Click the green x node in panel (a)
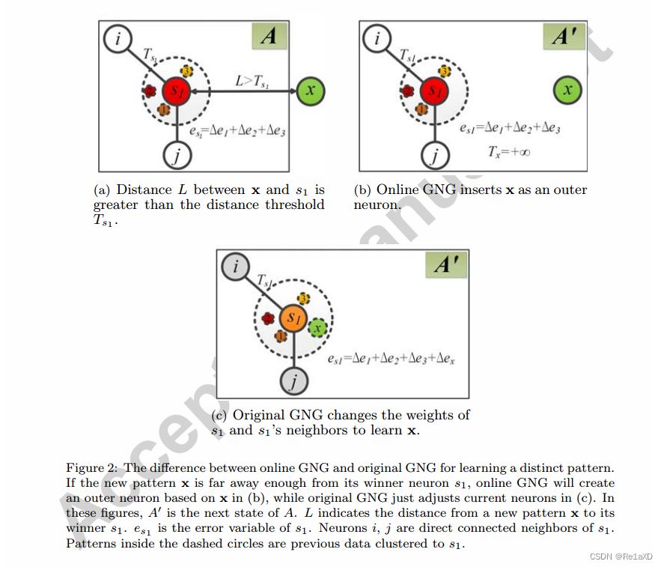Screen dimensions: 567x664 (x=311, y=91)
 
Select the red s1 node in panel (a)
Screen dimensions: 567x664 (x=177, y=91)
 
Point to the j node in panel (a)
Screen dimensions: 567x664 (x=177, y=156)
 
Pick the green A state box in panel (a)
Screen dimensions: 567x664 (x=269, y=37)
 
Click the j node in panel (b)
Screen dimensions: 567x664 (x=433, y=156)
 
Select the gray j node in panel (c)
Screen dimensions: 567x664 (x=294, y=383)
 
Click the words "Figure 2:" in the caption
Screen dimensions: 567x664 (x=91, y=468)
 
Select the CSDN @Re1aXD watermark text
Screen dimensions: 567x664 (x=621, y=556)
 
